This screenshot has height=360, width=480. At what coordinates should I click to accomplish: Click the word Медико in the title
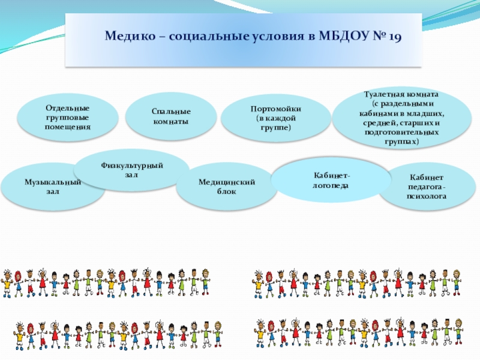[x=128, y=36]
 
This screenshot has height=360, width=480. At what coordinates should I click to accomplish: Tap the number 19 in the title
[x=394, y=36]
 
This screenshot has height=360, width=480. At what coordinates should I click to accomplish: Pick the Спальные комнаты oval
[x=171, y=116]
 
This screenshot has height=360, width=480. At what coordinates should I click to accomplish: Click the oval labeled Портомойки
[x=275, y=118]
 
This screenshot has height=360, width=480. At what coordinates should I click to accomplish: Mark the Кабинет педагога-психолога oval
[x=427, y=186]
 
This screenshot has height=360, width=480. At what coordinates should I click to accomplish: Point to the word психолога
[x=427, y=196]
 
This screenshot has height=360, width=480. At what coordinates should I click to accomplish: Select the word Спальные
[x=171, y=112]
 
